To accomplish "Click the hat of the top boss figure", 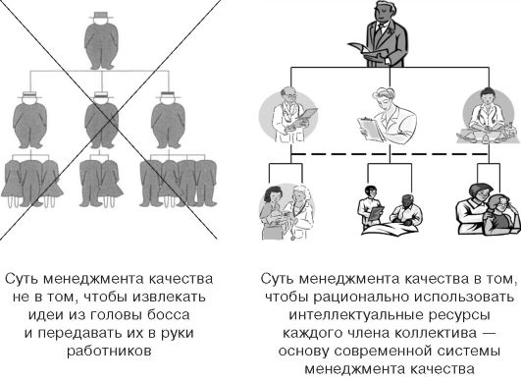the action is click(101, 16).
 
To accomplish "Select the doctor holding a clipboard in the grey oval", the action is click(289, 115).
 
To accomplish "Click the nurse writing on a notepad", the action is click(388, 115).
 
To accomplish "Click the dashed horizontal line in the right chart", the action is click(390, 154).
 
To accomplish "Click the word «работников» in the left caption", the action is click(109, 352).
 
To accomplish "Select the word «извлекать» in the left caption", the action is click(169, 297).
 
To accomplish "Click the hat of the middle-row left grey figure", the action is click(29, 94).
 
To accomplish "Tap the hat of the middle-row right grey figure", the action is click(168, 94).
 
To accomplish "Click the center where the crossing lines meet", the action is click(110, 122).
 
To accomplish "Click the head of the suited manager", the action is click(382, 11).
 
